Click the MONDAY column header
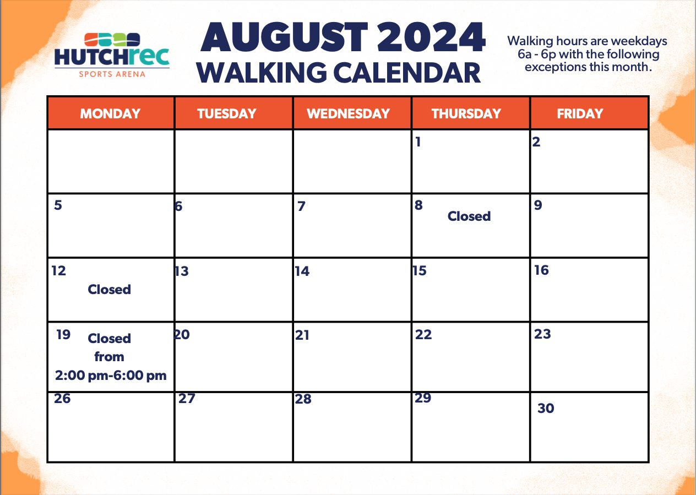coord(110,113)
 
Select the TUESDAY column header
coord(227,113)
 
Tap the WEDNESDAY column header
coord(349,113)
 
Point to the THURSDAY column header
coord(466,113)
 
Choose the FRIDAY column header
coord(580,113)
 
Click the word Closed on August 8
coord(469,216)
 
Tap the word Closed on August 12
coord(110,289)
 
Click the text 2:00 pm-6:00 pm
coord(111,375)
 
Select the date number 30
coord(546,408)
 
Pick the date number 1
coord(418,142)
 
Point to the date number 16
coord(542,270)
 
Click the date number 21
coord(302,335)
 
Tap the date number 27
coord(187,398)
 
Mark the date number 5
coord(58,205)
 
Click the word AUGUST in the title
coord(285,37)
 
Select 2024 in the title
coord(431,37)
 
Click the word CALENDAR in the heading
coord(407,72)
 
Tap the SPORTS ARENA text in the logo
coord(112,74)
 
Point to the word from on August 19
coord(110,356)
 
